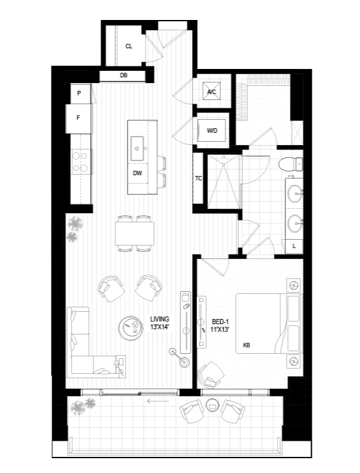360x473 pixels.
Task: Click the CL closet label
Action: coord(129,46)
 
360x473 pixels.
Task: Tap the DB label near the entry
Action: coord(124,75)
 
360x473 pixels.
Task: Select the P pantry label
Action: coord(79,93)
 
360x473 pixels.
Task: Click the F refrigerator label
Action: coord(79,118)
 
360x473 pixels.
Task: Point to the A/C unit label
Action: coord(212,92)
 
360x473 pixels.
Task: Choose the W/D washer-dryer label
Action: coord(212,131)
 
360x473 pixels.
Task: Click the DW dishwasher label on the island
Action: coord(137,173)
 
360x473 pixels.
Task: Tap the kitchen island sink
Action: coord(137,148)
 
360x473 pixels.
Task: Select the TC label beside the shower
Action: coord(198,179)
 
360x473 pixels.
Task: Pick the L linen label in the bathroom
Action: coord(294,246)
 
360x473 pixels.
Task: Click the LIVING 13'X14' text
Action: coord(160,322)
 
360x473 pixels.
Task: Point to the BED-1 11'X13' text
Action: coord(220,325)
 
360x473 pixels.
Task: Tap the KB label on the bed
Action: coord(246,345)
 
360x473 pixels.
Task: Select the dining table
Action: coord(135,233)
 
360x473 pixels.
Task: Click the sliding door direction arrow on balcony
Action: coord(158,401)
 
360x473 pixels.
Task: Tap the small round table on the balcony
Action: coord(213,405)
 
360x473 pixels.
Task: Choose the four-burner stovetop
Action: coord(81,162)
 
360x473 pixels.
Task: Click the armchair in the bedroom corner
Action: coord(211,375)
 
